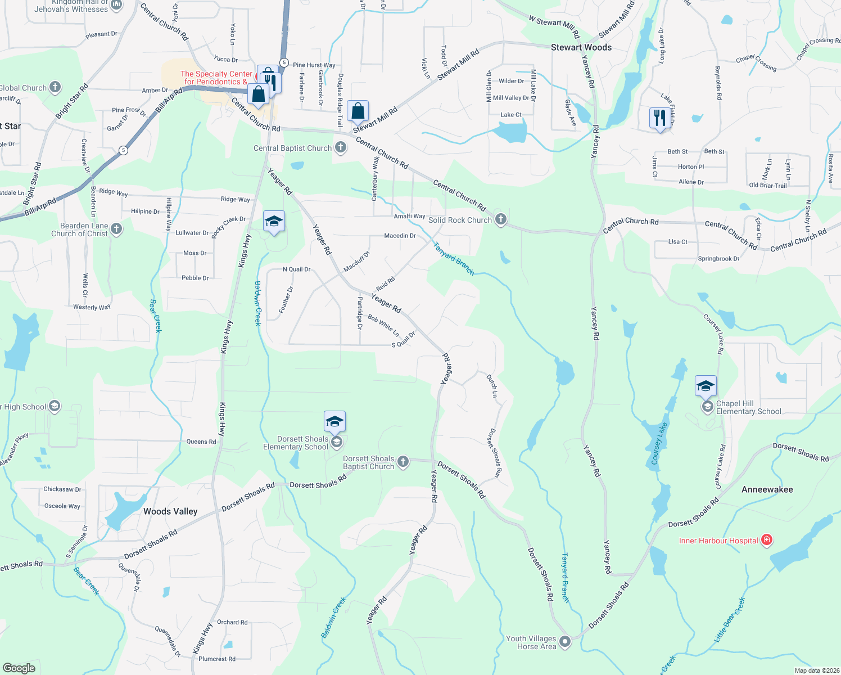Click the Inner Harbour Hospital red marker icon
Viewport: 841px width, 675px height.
(x=766, y=541)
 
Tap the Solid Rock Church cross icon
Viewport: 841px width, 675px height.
(x=500, y=220)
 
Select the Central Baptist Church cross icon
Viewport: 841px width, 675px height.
(x=340, y=148)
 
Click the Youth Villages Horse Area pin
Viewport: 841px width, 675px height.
(x=565, y=641)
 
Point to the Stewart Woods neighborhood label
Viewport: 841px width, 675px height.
(x=581, y=47)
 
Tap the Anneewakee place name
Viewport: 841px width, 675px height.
(x=767, y=489)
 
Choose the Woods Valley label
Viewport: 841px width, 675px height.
(x=170, y=511)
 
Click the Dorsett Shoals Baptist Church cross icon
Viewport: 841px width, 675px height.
(x=403, y=462)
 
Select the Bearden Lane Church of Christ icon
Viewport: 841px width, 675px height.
(x=116, y=228)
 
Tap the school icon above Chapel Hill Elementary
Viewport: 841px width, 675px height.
(x=706, y=386)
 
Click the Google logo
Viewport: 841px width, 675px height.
(x=19, y=668)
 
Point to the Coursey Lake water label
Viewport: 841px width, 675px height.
(x=659, y=444)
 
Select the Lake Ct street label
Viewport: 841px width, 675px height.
(x=510, y=115)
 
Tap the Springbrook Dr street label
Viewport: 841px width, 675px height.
(x=718, y=259)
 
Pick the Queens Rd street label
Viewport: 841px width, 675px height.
(x=201, y=442)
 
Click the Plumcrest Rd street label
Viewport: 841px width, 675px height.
(x=217, y=659)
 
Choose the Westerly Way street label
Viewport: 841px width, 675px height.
(x=92, y=307)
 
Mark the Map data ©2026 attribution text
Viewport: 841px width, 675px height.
(x=815, y=670)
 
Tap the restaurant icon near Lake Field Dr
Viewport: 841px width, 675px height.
(x=659, y=118)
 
